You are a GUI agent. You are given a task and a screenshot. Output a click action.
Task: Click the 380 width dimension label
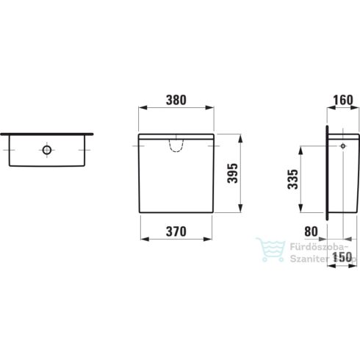pyautogui.click(x=176, y=99)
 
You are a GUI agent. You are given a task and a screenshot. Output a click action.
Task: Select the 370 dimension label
pyautogui.click(x=176, y=230)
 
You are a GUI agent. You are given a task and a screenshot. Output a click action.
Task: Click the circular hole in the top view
pyautogui.click(x=47, y=151)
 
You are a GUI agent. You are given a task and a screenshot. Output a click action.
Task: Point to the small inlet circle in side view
pyautogui.click(x=342, y=146)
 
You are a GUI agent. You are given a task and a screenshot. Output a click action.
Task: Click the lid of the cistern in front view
pyautogui.click(x=176, y=137)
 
